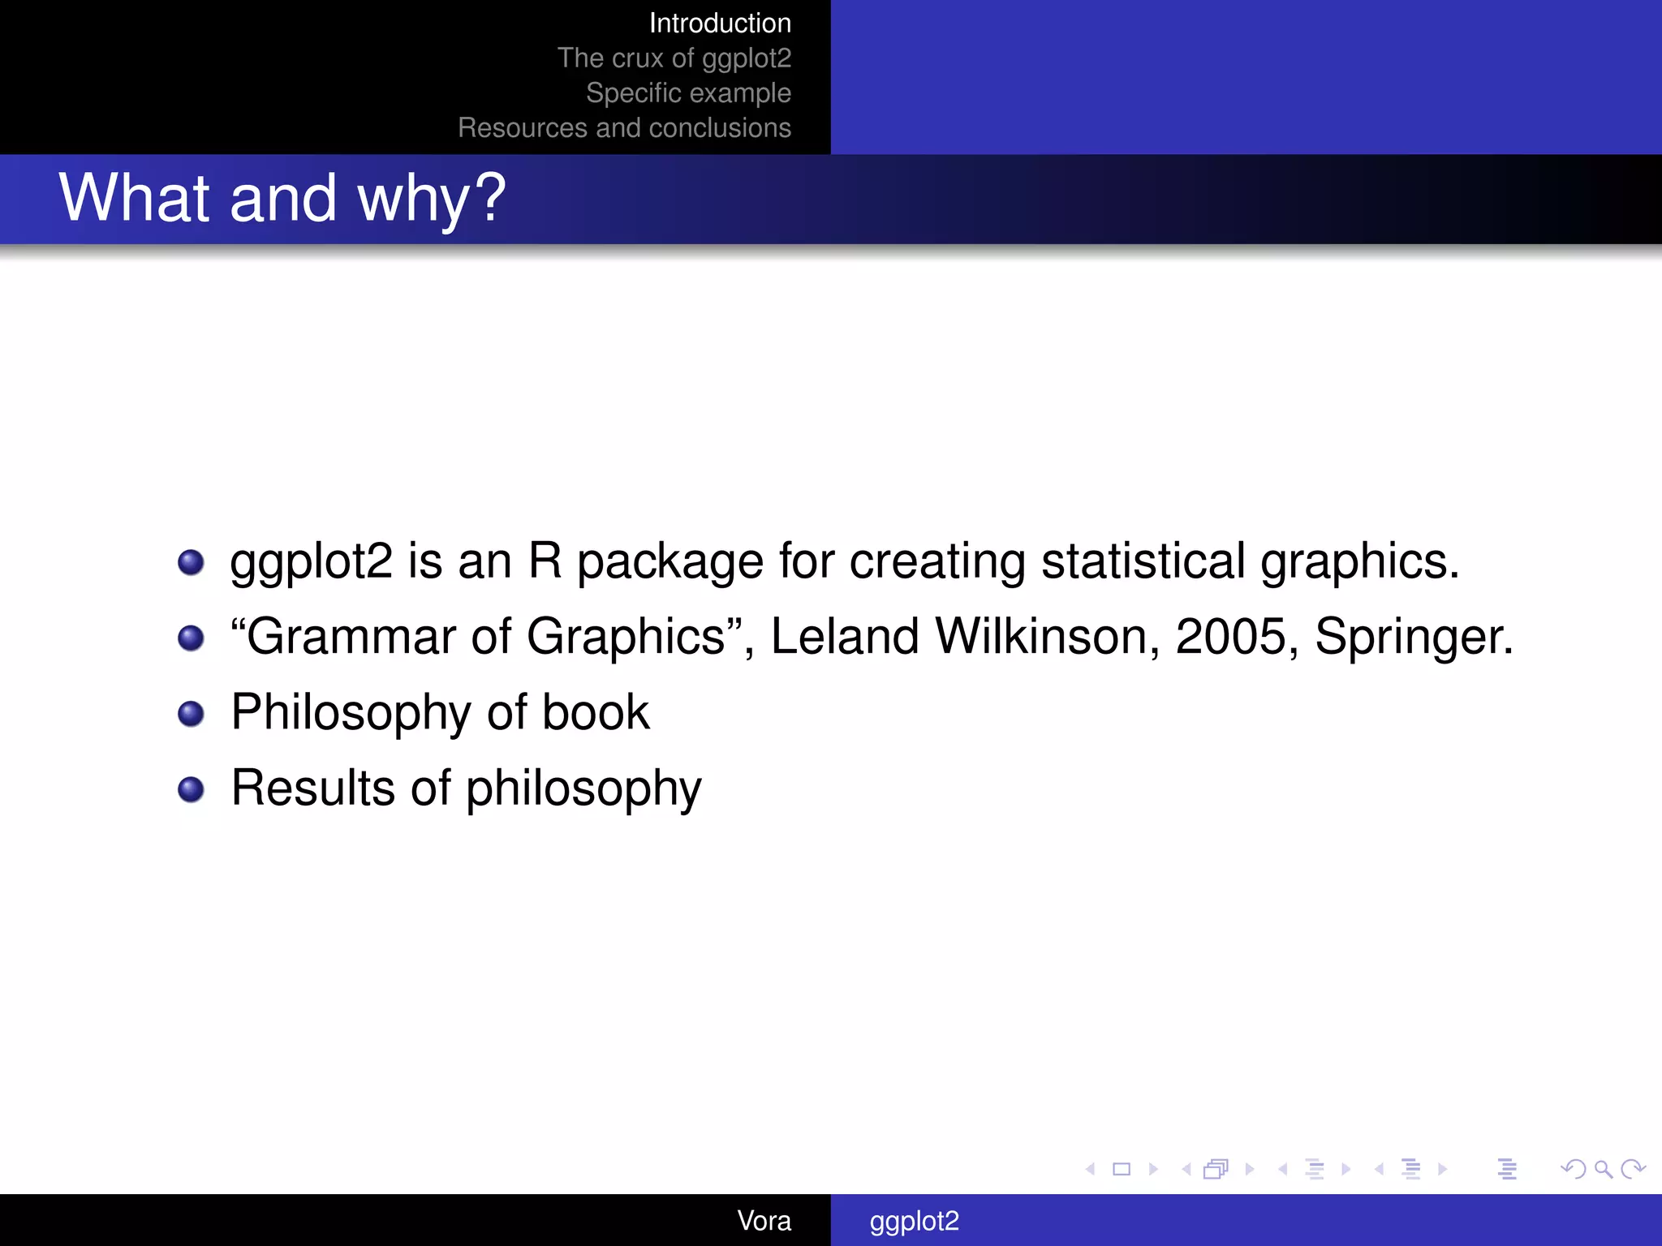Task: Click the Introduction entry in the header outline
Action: (x=720, y=24)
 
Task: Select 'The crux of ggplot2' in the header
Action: (x=674, y=58)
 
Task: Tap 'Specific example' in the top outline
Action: (x=688, y=93)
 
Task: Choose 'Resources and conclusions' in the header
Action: (x=624, y=128)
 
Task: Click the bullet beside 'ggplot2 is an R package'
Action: (x=191, y=562)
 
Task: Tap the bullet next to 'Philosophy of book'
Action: (x=191, y=714)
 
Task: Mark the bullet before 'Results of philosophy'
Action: (x=191, y=789)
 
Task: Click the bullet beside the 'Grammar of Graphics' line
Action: (x=191, y=638)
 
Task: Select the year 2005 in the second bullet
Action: (x=1230, y=636)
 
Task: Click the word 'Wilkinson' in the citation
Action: (x=1047, y=636)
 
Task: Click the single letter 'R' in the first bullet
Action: (x=545, y=561)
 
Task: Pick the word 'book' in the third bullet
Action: (x=596, y=712)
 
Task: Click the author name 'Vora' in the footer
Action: (x=764, y=1221)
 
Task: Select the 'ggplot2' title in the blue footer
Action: (x=915, y=1221)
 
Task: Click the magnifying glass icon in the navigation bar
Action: (x=1603, y=1169)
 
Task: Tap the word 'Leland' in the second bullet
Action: (x=845, y=636)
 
